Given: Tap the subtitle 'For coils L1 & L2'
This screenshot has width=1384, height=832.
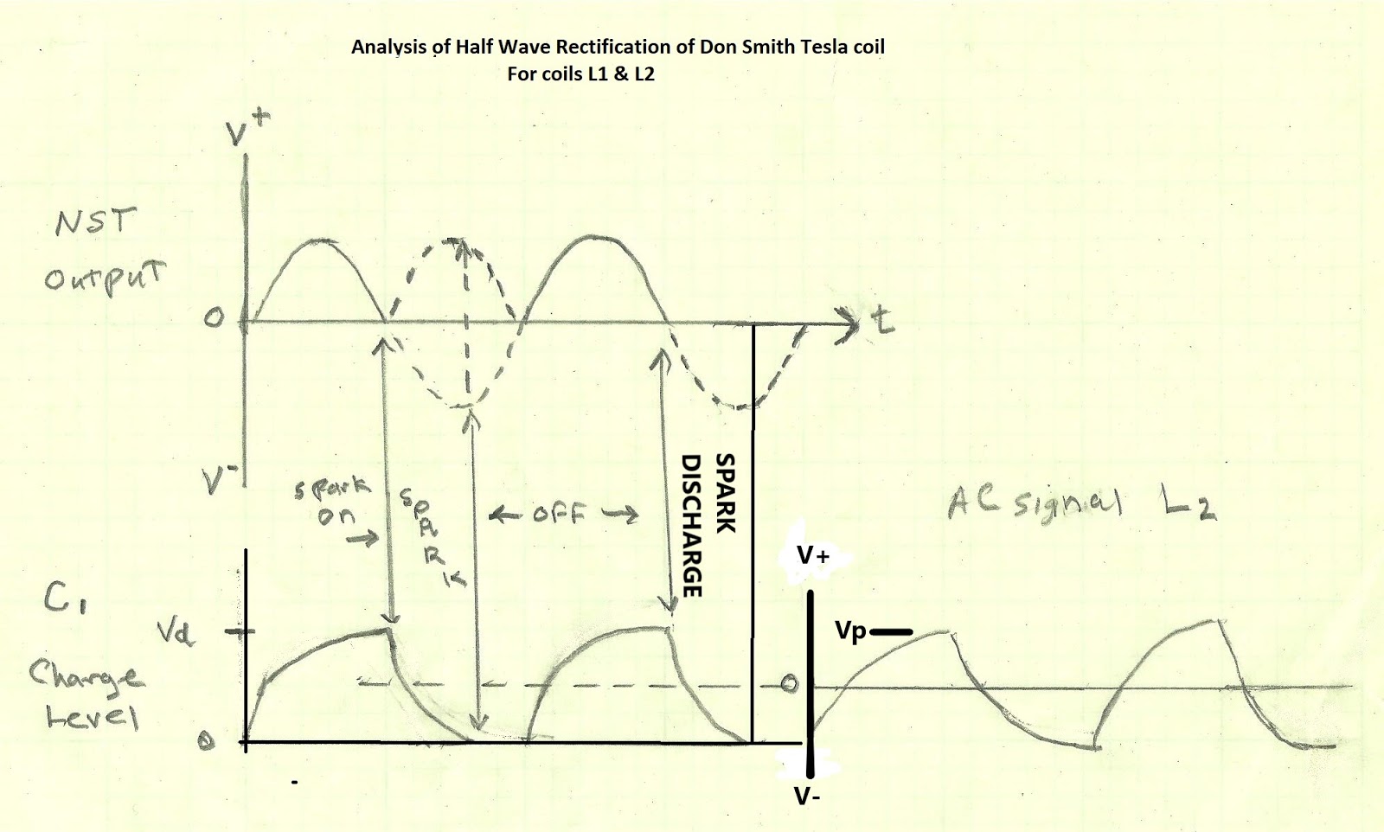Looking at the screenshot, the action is (x=580, y=74).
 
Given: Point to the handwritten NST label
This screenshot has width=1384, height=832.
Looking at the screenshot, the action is (x=95, y=223).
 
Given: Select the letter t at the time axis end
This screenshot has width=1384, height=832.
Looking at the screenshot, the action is (x=882, y=322).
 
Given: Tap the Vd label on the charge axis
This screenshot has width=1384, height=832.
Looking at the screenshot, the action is (x=176, y=635).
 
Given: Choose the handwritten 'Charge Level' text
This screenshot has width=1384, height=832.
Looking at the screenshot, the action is (x=85, y=695).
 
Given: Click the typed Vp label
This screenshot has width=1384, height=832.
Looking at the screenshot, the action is (x=850, y=631).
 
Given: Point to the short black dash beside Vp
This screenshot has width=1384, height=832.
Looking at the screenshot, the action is (x=891, y=632).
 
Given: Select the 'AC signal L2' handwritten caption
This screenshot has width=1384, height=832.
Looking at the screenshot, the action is (x=1081, y=502).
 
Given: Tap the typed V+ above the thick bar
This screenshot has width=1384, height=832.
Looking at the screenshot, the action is (x=813, y=556).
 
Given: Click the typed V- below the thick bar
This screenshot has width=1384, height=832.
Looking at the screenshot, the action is (x=807, y=797).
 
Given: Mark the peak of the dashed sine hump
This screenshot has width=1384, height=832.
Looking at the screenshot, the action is (x=457, y=240).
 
